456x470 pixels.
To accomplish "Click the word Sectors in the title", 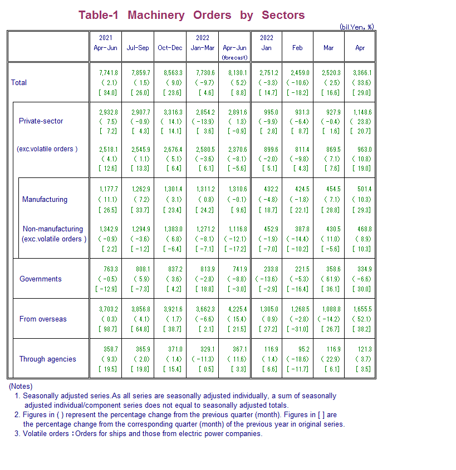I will click(x=283, y=15).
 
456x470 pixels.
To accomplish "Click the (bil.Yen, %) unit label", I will click(x=357, y=26).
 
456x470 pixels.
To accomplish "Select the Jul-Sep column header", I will click(x=138, y=48).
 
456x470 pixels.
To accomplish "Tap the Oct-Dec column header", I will click(x=170, y=48).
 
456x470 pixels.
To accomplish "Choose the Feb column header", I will click(x=297, y=48).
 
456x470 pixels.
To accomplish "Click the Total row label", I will click(x=19, y=82).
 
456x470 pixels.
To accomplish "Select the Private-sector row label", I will click(x=41, y=121).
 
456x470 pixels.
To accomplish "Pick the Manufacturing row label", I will click(x=45, y=199).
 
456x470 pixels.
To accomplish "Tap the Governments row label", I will click(x=41, y=279).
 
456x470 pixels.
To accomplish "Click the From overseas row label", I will click(x=43, y=319).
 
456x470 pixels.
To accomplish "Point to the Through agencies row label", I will click(x=47, y=359).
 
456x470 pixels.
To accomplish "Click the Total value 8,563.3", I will click(x=170, y=73).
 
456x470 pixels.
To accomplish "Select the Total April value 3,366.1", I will click(x=362, y=73).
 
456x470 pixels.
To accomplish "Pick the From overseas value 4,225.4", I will click(x=235, y=309).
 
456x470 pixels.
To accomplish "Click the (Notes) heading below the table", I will click(x=21, y=386).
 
